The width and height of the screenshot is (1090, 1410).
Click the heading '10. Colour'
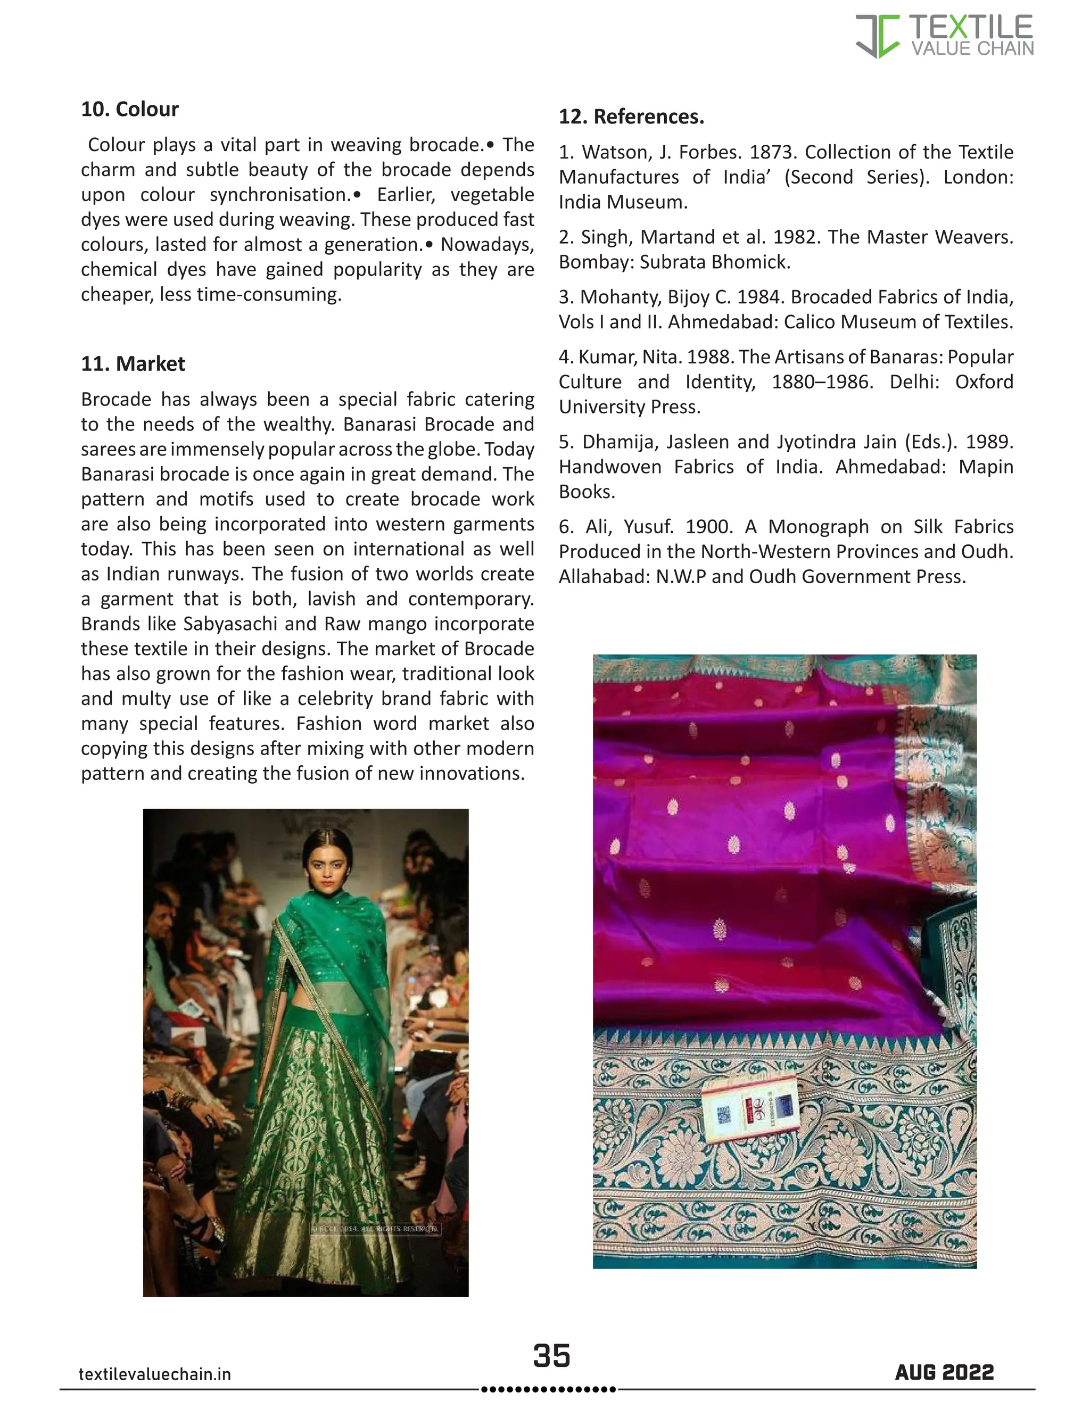point(129,109)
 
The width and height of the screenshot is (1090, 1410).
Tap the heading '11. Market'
point(133,363)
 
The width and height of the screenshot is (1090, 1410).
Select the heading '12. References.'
point(631,117)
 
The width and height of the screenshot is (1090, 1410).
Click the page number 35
point(551,1355)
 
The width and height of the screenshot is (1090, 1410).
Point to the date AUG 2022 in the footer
point(944,1372)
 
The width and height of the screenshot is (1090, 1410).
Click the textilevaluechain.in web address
point(154,1374)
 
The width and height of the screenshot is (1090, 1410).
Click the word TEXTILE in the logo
point(971,27)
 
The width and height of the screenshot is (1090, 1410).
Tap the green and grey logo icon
point(877,36)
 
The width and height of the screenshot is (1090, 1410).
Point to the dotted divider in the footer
point(549,1389)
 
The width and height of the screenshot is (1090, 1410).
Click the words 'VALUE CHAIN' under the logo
point(972,48)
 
